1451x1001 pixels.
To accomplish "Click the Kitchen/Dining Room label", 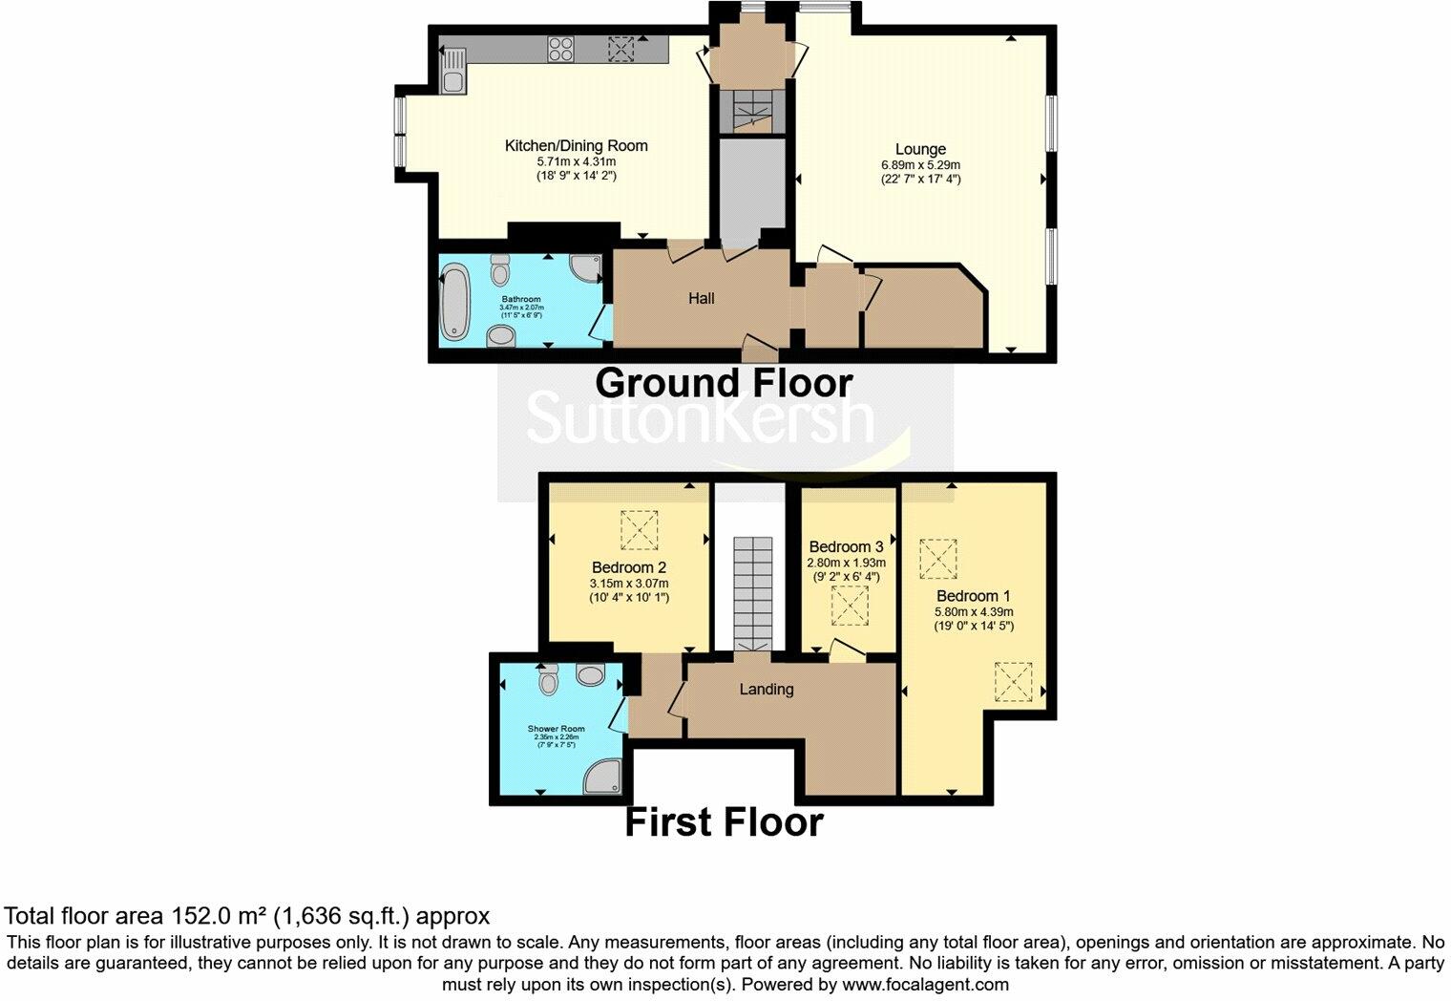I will pyautogui.click(x=576, y=146).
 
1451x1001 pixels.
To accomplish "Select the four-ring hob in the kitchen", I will pyautogui.click(x=560, y=49).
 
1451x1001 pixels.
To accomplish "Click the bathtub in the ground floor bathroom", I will pyautogui.click(x=455, y=303).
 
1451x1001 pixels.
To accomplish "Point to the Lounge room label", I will pyautogui.click(x=920, y=149).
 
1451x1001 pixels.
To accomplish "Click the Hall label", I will pyautogui.click(x=702, y=299).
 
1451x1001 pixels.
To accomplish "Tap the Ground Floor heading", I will pyautogui.click(x=724, y=383).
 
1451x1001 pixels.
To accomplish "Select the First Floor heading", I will pyautogui.click(x=724, y=822).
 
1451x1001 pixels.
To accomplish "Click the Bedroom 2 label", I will pyautogui.click(x=628, y=567).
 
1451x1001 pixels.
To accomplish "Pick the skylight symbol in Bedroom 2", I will pyautogui.click(x=640, y=530).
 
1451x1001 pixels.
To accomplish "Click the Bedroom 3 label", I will pyautogui.click(x=846, y=547).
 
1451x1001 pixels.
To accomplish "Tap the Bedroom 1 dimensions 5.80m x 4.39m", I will pyautogui.click(x=974, y=612).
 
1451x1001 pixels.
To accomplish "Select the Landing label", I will pyautogui.click(x=767, y=689).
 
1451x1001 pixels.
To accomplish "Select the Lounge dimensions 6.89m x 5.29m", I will pyautogui.click(x=920, y=165).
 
